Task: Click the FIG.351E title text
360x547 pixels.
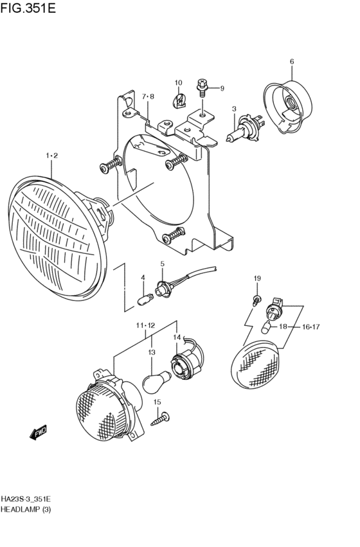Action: tap(28, 8)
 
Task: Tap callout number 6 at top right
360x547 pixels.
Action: tap(292, 62)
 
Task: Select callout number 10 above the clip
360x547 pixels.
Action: tap(178, 83)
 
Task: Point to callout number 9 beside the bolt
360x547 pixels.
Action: tap(222, 88)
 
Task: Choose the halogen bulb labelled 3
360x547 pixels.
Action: tap(245, 128)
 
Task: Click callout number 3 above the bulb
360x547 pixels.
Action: tap(234, 109)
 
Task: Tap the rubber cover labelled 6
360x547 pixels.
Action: tap(288, 107)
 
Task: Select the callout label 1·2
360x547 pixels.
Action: tap(51, 156)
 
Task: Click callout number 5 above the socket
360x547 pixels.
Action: tap(162, 264)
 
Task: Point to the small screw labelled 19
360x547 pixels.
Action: tap(256, 300)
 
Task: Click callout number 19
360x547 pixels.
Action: tap(257, 278)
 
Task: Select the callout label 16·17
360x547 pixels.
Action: tap(311, 327)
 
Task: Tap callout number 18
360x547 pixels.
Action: tap(283, 327)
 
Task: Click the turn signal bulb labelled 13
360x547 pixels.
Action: tap(157, 381)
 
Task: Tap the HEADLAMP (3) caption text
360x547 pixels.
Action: tap(26, 509)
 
